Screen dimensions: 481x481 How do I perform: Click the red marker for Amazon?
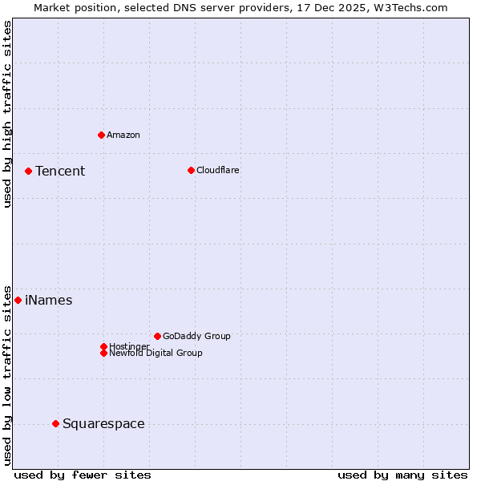coord(101,135)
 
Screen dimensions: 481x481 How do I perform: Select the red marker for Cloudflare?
coord(191,170)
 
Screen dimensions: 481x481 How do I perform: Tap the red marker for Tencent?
coord(28,171)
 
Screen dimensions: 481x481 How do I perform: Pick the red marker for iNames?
coord(18,300)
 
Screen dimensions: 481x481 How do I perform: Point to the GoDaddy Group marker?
coord(157,336)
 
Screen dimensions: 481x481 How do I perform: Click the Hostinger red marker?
coord(103,346)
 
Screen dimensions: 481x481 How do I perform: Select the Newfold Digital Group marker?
coord(103,353)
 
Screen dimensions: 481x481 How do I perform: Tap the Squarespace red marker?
coord(55,423)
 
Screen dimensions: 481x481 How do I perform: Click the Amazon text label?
coord(123,135)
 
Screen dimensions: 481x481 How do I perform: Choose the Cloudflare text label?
coord(218,170)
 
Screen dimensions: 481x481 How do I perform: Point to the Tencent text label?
coord(60,171)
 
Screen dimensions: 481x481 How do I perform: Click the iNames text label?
coord(49,301)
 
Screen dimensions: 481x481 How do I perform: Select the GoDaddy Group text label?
coord(196,336)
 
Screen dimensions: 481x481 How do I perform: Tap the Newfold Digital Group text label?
coord(156,353)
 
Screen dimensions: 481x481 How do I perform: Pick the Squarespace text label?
coord(103,424)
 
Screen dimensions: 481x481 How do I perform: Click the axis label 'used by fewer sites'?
coord(83,475)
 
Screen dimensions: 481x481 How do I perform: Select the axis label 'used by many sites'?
coord(402,475)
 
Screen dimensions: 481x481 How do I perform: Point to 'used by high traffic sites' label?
coord(8,114)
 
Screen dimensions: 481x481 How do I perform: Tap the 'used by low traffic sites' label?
coord(8,374)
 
